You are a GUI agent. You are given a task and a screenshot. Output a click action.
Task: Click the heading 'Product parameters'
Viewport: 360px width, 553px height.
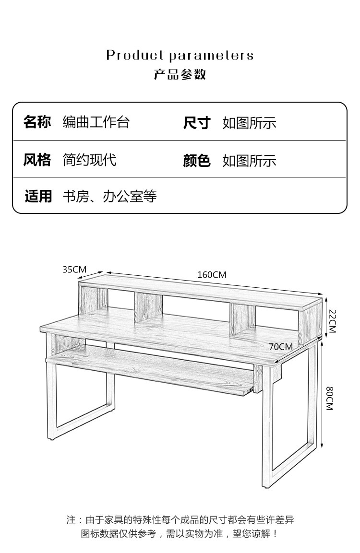pyautogui.click(x=180, y=55)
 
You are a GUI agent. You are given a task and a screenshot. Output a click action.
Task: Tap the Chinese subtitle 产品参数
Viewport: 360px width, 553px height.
pyautogui.click(x=180, y=74)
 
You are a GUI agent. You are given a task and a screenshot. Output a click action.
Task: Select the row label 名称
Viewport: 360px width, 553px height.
pyautogui.click(x=37, y=122)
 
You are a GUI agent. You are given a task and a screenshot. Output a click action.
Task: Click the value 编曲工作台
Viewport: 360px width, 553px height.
pyautogui.click(x=96, y=122)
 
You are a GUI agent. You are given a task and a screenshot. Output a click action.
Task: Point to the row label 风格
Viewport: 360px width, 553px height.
pyautogui.click(x=37, y=160)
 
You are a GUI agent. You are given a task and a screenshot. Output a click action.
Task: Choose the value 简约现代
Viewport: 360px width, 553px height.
pyautogui.click(x=90, y=160)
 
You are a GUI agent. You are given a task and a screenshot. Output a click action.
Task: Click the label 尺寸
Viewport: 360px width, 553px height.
pyautogui.click(x=197, y=123)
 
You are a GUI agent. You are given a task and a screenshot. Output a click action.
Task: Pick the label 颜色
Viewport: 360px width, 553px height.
pyautogui.click(x=197, y=161)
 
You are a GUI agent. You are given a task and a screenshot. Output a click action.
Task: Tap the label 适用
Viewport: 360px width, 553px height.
pyautogui.click(x=38, y=196)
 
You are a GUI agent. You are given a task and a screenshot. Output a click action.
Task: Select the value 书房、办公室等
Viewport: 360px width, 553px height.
pyautogui.click(x=110, y=197)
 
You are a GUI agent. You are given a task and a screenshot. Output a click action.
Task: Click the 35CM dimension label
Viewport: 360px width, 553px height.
pyautogui.click(x=74, y=270)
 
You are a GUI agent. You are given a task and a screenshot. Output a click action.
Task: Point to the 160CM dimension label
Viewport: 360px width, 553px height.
pyautogui.click(x=212, y=275)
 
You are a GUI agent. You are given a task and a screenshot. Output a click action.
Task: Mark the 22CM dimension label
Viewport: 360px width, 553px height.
pyautogui.click(x=332, y=321)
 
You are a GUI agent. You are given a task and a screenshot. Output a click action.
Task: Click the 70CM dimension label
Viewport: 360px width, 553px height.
pyautogui.click(x=281, y=347)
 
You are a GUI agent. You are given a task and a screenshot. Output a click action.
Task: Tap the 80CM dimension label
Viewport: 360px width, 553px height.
pyautogui.click(x=329, y=399)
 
